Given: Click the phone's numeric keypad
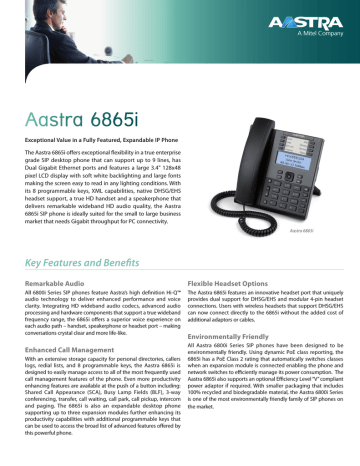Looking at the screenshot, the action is click(x=281, y=178).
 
